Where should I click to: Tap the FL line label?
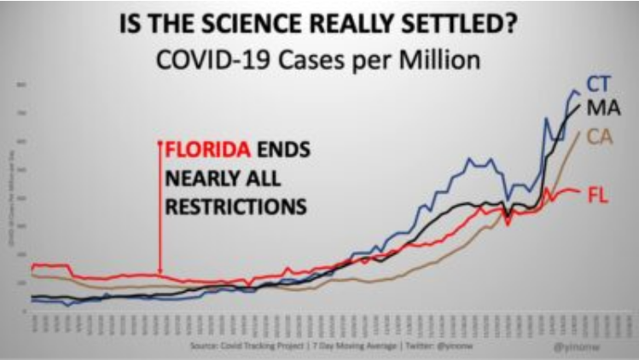tap(599, 195)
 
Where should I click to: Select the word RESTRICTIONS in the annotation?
tap(235, 206)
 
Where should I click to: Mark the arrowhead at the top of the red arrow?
tap(160, 142)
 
